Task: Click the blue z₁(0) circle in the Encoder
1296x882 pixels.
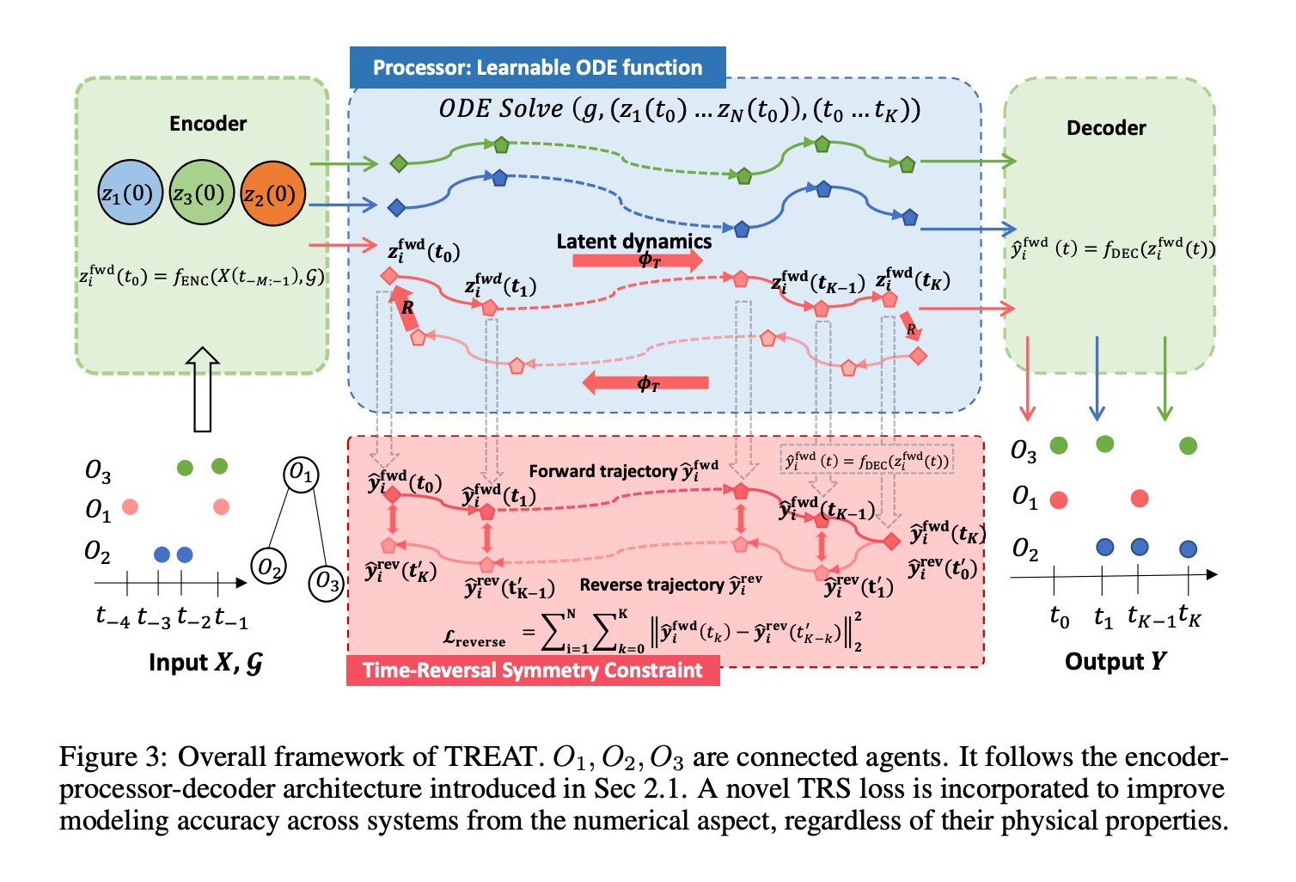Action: pyautogui.click(x=130, y=193)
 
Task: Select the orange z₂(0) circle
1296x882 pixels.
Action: pyautogui.click(x=272, y=193)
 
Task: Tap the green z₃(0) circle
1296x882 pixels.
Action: pyautogui.click(x=201, y=193)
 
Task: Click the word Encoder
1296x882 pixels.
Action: pyautogui.click(x=208, y=123)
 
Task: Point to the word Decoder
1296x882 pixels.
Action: pyautogui.click(x=1106, y=128)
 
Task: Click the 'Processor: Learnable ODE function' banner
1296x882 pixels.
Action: pyautogui.click(x=537, y=67)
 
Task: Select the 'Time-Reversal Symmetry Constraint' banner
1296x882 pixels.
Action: pyautogui.click(x=533, y=671)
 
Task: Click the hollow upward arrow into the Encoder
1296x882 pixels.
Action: pyautogui.click(x=203, y=389)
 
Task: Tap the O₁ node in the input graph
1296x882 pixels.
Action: pyautogui.click(x=300, y=475)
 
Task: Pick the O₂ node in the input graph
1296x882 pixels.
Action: pyautogui.click(x=269, y=566)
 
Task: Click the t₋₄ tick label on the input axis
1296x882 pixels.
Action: pyautogui.click(x=113, y=617)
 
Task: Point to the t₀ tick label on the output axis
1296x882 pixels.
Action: pyautogui.click(x=1060, y=617)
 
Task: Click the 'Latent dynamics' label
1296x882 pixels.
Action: pyautogui.click(x=634, y=242)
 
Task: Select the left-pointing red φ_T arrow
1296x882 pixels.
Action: pyautogui.click(x=645, y=383)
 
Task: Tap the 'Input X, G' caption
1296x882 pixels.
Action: pyautogui.click(x=205, y=663)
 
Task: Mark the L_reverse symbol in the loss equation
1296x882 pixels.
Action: pyautogui.click(x=474, y=639)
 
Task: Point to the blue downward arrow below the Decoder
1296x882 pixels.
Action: pyautogui.click(x=1097, y=378)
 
